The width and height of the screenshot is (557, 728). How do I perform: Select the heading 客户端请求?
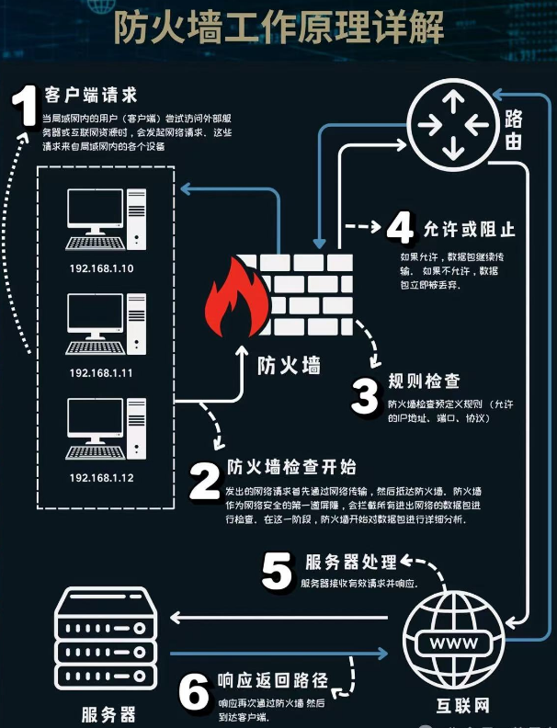90,95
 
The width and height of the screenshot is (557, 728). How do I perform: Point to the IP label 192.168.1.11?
101,373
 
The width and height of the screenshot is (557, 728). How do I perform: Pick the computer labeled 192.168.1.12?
103,430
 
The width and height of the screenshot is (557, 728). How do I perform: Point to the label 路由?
516,130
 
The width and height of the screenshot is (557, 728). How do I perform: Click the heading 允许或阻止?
470,228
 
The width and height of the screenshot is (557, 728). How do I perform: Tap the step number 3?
365,397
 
